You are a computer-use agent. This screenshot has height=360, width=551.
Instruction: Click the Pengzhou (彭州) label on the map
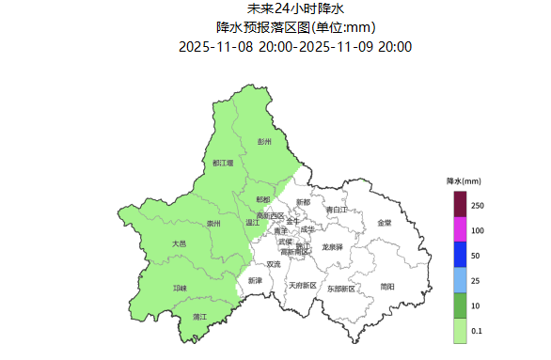[264, 142]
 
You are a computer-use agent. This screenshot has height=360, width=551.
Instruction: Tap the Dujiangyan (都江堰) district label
[223, 164]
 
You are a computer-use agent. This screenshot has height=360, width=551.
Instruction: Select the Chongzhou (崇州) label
[213, 224]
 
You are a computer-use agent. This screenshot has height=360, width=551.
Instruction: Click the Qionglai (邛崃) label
[180, 288]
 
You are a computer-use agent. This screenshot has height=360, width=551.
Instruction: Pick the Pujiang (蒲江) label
[199, 317]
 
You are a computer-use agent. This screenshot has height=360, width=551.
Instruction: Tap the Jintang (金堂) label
[385, 223]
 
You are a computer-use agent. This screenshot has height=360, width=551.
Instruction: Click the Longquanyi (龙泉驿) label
[332, 246]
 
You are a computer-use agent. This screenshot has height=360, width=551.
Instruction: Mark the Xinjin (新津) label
[256, 280]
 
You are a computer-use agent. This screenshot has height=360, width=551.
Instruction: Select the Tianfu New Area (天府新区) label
[302, 285]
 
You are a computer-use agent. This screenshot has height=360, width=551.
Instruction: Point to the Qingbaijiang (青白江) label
[337, 210]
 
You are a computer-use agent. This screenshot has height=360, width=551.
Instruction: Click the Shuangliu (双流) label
[274, 264]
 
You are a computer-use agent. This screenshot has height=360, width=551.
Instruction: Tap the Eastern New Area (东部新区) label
[342, 289]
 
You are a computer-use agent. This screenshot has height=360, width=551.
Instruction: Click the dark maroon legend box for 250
[460, 203]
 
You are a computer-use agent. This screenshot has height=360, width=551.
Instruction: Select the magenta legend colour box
[460, 229]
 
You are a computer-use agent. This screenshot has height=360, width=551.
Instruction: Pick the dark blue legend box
[460, 255]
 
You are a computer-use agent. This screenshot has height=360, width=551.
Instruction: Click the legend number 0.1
[478, 331]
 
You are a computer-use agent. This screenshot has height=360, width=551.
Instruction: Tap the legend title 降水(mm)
[464, 180]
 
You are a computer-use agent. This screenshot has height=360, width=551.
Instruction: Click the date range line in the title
[295, 46]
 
